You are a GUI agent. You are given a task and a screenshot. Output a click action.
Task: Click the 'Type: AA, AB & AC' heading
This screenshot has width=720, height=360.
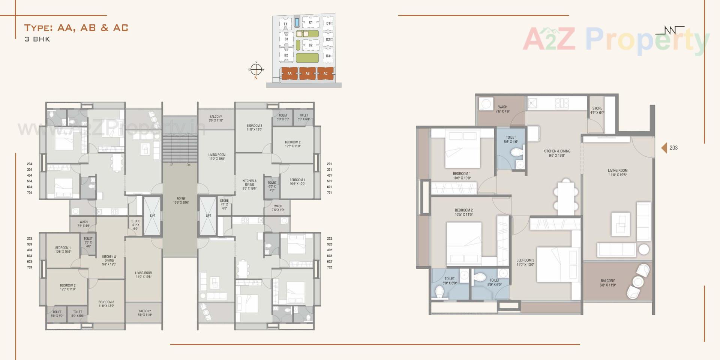click(x=76, y=28)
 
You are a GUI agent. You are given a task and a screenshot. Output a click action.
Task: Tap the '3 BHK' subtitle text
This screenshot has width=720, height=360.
click(x=37, y=39)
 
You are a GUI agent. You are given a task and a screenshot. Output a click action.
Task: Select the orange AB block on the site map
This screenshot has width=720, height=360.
click(x=307, y=73)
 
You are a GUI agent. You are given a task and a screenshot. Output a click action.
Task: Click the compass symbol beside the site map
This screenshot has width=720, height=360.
click(x=256, y=69)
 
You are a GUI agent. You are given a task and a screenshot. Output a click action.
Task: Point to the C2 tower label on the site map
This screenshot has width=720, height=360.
click(x=310, y=45)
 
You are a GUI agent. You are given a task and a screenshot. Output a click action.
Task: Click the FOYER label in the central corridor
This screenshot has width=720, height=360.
click(x=181, y=201)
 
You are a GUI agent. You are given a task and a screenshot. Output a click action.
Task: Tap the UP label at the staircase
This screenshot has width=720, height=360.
click(x=171, y=165)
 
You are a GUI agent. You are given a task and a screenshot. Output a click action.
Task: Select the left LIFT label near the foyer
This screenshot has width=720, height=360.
click(x=153, y=216)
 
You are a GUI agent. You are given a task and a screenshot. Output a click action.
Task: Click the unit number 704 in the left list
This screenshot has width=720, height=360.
click(x=30, y=193)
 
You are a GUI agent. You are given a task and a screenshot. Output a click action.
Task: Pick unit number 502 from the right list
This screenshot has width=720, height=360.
click(x=329, y=256)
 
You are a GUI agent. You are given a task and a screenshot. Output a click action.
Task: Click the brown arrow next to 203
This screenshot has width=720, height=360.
click(x=664, y=148)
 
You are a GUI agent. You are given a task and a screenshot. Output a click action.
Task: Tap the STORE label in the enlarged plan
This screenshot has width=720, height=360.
click(x=597, y=110)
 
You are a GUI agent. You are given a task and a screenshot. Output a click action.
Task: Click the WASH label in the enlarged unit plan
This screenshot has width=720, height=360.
click(x=502, y=109)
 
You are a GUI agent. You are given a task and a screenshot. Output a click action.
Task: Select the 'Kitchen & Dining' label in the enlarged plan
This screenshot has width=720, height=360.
click(x=557, y=153)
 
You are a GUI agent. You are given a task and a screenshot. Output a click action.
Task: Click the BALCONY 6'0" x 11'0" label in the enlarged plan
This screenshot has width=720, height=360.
click(x=607, y=283)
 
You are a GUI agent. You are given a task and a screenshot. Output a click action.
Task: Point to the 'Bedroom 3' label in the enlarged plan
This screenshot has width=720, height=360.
click(x=525, y=262)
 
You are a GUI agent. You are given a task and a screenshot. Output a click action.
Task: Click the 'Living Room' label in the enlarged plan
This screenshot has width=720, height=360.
click(x=618, y=172)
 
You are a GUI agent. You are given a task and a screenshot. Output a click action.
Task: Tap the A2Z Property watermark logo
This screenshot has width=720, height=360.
click(x=615, y=39)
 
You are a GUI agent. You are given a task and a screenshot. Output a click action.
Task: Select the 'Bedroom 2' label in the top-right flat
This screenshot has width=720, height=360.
click(x=292, y=144)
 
